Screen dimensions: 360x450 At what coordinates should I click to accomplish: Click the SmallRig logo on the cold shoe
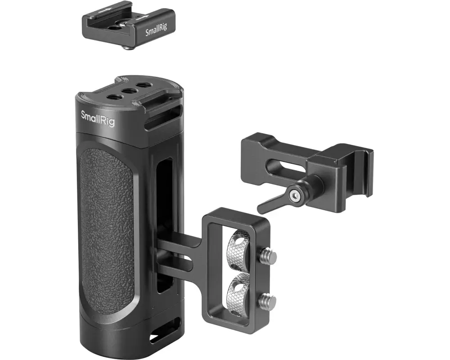click(155, 32)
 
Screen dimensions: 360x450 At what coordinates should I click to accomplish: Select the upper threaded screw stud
click(269, 256)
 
